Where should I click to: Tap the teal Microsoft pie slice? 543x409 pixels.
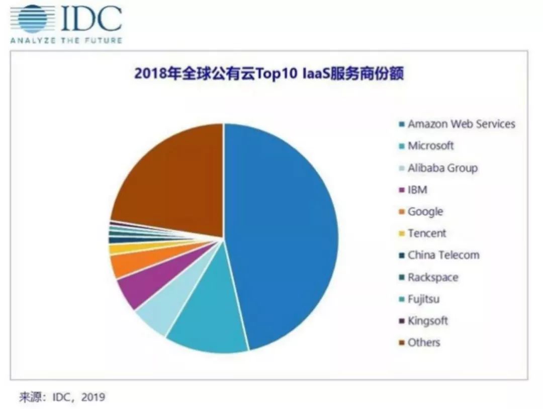tap(211, 322)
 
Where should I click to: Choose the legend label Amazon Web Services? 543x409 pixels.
tap(461, 124)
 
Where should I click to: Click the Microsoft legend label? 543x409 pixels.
tap(430, 146)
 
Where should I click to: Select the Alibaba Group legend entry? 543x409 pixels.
tap(442, 168)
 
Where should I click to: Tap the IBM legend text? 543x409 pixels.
tap(417, 190)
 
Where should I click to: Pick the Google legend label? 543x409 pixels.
tap(425, 212)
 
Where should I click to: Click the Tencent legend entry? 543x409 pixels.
tap(427, 233)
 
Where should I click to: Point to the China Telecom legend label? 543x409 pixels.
tap(443, 255)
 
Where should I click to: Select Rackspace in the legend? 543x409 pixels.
tap(433, 277)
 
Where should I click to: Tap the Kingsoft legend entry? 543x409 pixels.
tap(427, 321)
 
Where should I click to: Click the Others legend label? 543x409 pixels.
tap(423, 343)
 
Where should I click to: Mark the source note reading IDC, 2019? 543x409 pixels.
tap(62, 397)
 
